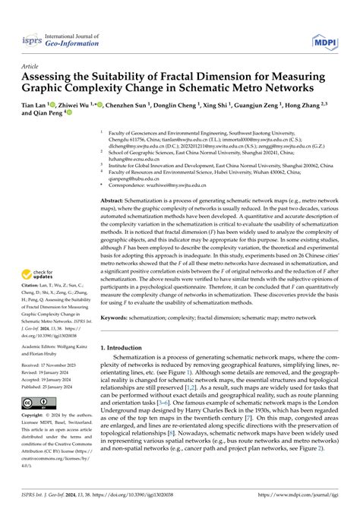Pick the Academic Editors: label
(x=43, y=343)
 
